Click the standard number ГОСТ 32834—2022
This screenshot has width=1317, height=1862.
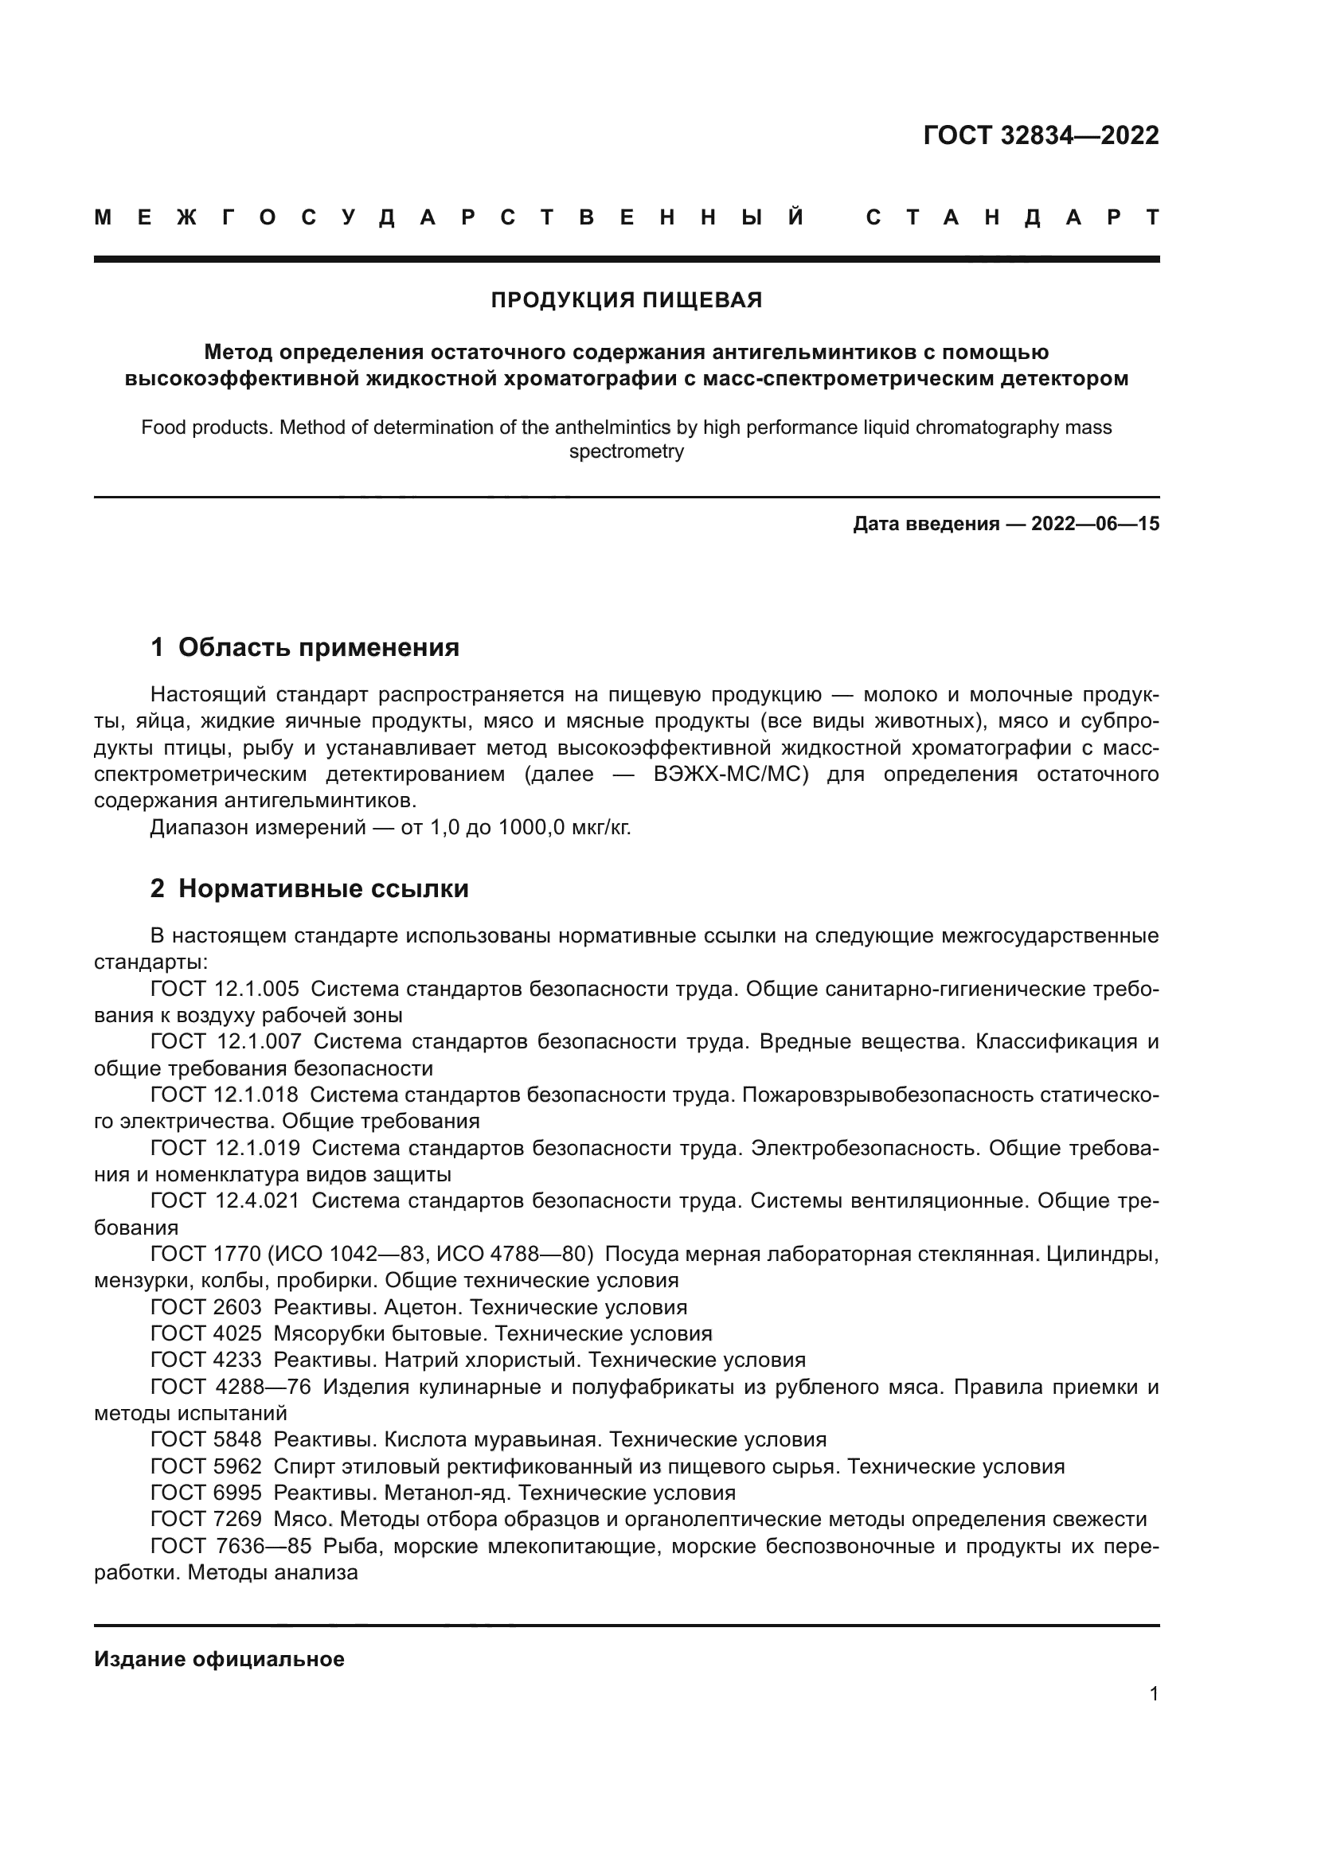(x=1041, y=135)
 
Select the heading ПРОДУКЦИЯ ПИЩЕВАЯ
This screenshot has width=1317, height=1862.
(x=626, y=301)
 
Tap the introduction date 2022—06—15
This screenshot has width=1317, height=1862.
(x=1095, y=524)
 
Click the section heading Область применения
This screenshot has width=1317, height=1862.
(x=318, y=647)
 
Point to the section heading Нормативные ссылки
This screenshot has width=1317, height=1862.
(x=322, y=889)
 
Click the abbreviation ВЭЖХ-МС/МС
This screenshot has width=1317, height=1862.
(x=731, y=775)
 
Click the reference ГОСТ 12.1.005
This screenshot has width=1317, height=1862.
(x=225, y=989)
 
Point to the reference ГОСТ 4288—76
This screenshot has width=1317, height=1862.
(x=230, y=1387)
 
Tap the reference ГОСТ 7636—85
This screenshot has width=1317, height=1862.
(x=230, y=1546)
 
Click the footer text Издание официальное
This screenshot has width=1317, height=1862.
(x=219, y=1659)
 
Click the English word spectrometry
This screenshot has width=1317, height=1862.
(x=626, y=451)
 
